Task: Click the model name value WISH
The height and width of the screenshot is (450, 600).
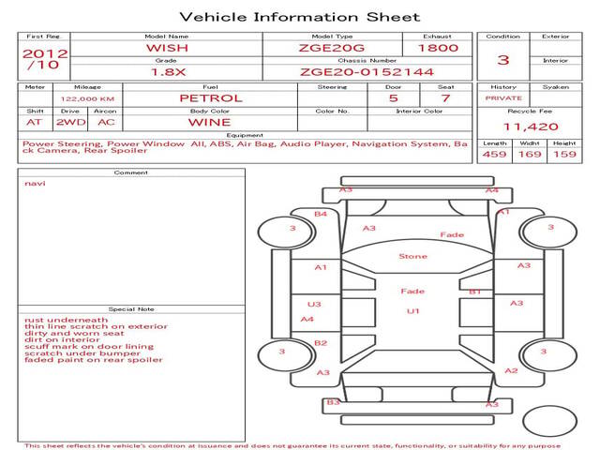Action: (167, 48)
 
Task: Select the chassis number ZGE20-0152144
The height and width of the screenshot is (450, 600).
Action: (367, 72)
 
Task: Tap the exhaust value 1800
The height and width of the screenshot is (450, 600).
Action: (438, 48)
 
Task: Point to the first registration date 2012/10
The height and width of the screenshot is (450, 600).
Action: (44, 59)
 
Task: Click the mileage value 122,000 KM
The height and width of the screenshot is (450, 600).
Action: (87, 99)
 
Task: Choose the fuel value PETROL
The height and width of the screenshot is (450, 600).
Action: (211, 98)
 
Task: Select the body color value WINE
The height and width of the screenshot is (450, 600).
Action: (210, 123)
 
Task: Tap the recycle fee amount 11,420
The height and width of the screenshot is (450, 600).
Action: (531, 127)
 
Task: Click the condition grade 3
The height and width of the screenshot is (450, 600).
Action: (503, 60)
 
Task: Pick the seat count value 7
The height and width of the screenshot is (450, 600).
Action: (445, 98)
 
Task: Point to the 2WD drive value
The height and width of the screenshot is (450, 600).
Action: (71, 123)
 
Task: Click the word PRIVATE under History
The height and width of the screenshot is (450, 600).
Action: (503, 98)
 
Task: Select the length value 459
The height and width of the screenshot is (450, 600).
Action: (494, 154)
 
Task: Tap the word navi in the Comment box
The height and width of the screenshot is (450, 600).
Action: (35, 184)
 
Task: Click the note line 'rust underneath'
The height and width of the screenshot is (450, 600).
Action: (67, 320)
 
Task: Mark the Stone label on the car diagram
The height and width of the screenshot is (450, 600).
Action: (412, 256)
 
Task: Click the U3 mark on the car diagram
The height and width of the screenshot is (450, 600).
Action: (314, 304)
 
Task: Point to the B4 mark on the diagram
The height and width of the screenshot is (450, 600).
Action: (321, 214)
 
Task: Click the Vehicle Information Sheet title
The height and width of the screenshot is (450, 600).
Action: (300, 17)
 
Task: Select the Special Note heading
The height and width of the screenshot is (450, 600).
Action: (131, 309)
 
